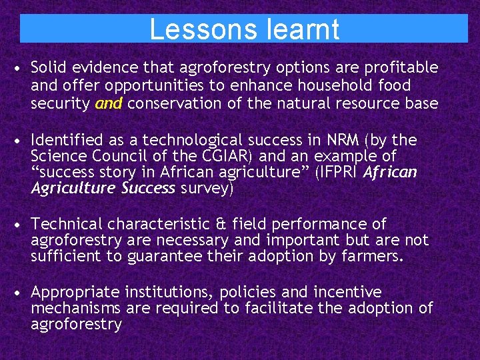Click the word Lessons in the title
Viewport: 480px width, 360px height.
197,29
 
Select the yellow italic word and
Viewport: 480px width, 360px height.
109,103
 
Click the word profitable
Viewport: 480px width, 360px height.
402,68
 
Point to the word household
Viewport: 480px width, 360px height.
340,85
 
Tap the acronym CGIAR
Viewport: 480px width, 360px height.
217,156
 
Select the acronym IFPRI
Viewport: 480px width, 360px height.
338,173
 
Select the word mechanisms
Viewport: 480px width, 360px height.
75,308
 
